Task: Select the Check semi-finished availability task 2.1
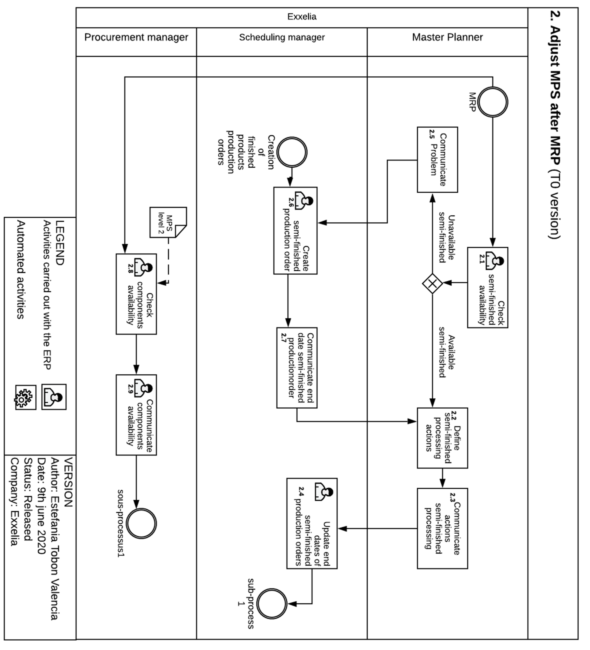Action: click(487, 287)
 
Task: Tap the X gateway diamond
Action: click(432, 283)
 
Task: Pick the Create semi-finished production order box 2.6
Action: click(295, 231)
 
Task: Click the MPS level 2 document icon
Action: click(168, 222)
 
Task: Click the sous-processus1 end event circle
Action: click(141, 523)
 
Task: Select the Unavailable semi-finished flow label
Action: click(447, 239)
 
